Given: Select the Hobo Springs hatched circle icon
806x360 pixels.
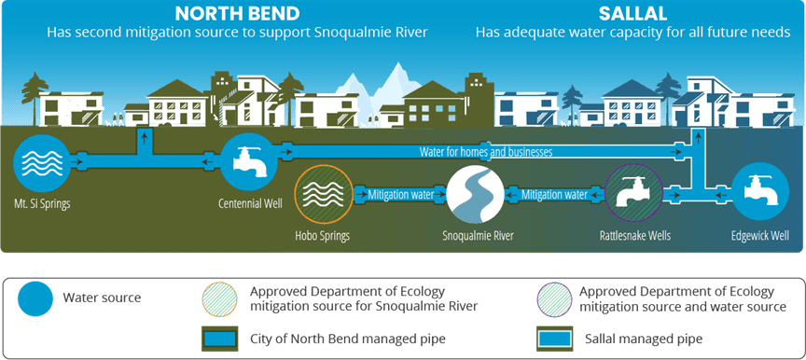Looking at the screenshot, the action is (324, 195).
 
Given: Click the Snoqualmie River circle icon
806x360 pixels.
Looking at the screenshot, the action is (475, 195).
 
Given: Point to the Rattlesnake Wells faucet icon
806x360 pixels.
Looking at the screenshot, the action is (632, 195).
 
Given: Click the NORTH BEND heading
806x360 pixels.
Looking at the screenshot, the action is (237, 13).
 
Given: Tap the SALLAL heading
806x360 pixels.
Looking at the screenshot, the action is (632, 13).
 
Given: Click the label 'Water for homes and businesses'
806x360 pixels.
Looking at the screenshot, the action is (486, 151).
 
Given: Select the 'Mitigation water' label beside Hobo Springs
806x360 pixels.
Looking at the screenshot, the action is (400, 195).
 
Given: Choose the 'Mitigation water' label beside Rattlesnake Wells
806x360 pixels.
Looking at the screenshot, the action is (554, 195).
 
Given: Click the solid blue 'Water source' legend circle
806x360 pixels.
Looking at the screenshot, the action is (35, 298).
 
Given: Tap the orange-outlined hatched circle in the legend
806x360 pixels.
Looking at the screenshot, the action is (220, 298).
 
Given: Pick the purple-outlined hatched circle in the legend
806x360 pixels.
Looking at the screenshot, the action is (553, 298).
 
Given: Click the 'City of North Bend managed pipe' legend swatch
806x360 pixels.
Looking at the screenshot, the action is (220, 339).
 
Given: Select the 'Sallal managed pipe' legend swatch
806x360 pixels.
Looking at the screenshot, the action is (554, 339).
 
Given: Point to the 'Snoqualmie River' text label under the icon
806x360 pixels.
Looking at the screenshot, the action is (478, 237).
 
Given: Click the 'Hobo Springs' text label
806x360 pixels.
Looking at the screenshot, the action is (322, 237).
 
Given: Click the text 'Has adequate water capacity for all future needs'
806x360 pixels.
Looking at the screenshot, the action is (632, 33).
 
